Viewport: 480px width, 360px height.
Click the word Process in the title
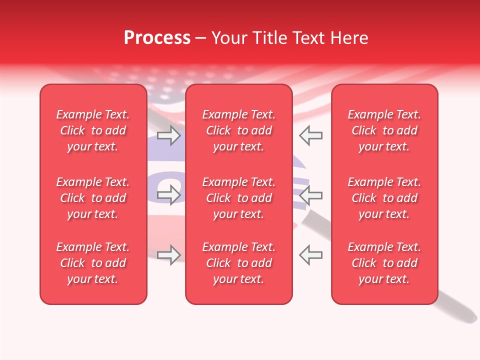pos(157,38)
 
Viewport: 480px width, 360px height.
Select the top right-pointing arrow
pos(168,135)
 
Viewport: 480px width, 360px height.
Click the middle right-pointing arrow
pos(168,195)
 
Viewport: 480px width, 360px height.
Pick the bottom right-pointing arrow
pos(168,255)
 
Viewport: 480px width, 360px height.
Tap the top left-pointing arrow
pos(310,135)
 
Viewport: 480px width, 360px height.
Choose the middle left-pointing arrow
pos(310,195)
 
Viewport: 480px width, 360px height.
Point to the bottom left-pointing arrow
pos(310,255)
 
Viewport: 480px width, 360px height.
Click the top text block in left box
pos(93,130)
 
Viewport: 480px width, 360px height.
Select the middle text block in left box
pos(93,198)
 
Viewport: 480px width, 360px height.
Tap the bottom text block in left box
pos(93,263)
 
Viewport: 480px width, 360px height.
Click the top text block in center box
pos(238,130)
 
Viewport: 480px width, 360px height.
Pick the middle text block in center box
pos(238,198)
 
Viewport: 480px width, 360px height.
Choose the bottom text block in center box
pos(238,263)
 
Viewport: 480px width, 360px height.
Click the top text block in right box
pos(384,130)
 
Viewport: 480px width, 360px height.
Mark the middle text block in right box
pos(384,198)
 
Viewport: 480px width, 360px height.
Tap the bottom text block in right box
pos(384,263)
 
